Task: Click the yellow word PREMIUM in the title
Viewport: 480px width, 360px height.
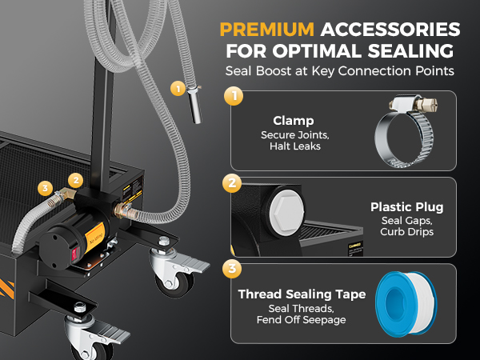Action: [266, 30]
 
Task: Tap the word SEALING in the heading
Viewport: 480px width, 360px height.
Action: [410, 51]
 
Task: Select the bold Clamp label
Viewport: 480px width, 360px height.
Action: [294, 121]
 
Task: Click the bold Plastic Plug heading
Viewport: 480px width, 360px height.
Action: [407, 207]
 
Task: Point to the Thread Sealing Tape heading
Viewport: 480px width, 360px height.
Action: [302, 294]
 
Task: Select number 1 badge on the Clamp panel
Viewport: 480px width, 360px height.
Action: [234, 96]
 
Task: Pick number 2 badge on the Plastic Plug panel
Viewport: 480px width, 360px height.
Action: [232, 183]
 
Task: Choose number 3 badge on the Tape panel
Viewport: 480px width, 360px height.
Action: [232, 269]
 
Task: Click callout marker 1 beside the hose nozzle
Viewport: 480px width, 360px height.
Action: [178, 89]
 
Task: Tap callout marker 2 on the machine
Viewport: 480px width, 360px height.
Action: [76, 181]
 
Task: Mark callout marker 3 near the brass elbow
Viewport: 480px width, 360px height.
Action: [46, 188]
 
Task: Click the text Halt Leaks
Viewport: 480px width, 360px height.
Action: [295, 146]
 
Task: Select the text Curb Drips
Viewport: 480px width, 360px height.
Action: [407, 232]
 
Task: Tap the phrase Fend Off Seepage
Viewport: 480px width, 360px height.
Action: [302, 320]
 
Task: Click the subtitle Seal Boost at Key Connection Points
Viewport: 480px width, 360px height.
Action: [340, 71]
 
